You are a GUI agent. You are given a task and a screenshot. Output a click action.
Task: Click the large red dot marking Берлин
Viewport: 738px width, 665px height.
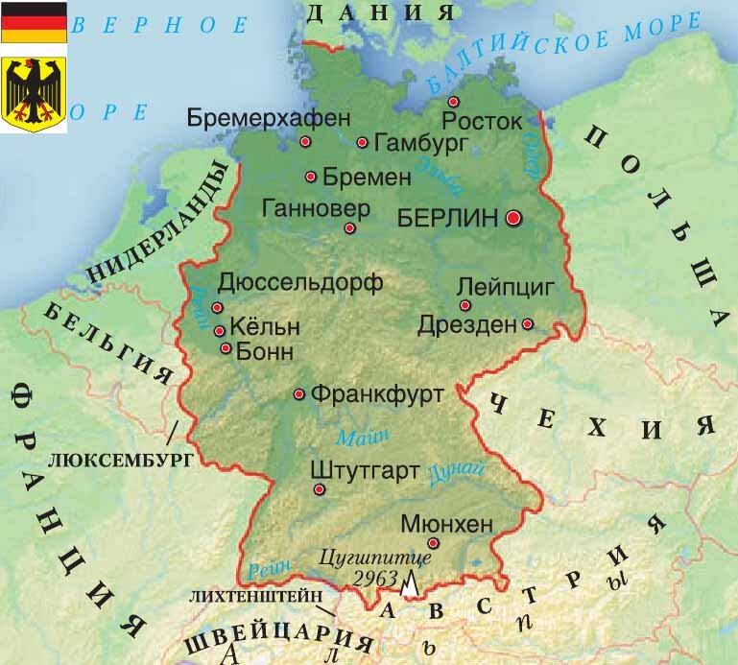click(x=513, y=219)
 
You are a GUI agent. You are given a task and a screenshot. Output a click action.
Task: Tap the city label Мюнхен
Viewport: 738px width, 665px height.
click(x=445, y=524)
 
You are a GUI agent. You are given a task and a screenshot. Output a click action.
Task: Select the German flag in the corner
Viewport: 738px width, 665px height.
click(x=34, y=22)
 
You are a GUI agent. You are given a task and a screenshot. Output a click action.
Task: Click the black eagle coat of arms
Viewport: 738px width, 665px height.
click(x=34, y=94)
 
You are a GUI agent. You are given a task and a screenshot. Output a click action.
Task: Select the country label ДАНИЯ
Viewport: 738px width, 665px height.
click(x=380, y=12)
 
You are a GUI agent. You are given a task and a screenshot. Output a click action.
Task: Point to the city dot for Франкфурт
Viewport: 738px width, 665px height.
click(x=299, y=393)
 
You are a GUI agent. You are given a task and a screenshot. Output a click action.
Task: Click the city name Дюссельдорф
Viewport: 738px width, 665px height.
click(x=300, y=282)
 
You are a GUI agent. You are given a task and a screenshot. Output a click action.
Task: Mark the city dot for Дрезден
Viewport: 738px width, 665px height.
click(x=527, y=323)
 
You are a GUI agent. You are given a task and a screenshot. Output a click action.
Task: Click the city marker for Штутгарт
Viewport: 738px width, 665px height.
click(x=319, y=489)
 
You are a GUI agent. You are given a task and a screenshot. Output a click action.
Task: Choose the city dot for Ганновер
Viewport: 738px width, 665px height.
click(x=349, y=228)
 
